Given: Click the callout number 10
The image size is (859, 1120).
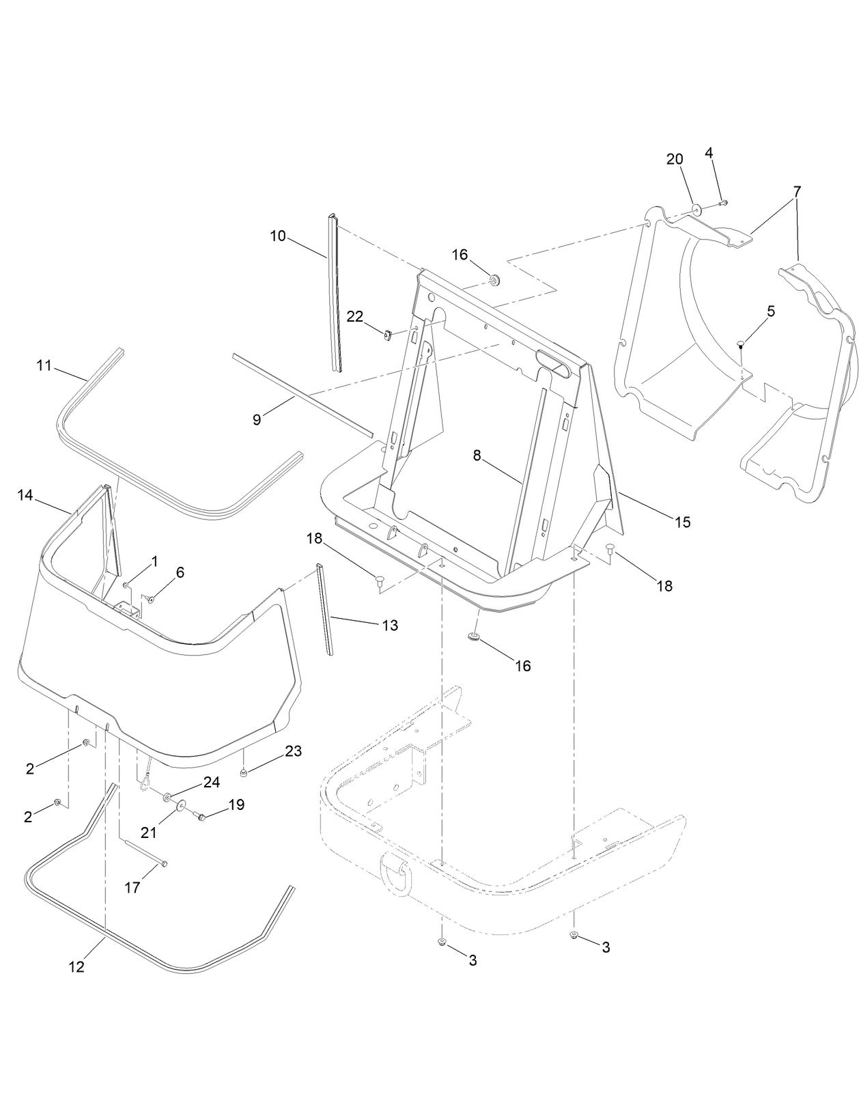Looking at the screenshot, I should click(277, 236).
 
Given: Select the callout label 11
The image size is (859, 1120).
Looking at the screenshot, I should click(44, 366).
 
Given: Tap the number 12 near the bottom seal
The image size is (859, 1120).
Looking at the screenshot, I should click(76, 967).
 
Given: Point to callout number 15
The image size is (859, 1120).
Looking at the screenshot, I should click(682, 522).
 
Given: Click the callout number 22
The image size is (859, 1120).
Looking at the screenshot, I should click(355, 316).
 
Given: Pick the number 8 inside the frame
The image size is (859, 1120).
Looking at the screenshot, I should click(477, 456).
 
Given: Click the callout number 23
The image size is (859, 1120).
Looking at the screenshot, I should click(293, 751).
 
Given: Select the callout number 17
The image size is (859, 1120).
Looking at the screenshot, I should click(132, 887).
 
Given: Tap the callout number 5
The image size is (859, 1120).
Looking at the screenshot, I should click(771, 311).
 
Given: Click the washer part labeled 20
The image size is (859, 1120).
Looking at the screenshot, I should click(696, 209).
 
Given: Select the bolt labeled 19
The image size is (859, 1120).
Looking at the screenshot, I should click(201, 815).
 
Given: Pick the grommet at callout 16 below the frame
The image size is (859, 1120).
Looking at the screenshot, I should click(472, 637).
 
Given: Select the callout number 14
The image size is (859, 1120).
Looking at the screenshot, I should click(25, 495).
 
